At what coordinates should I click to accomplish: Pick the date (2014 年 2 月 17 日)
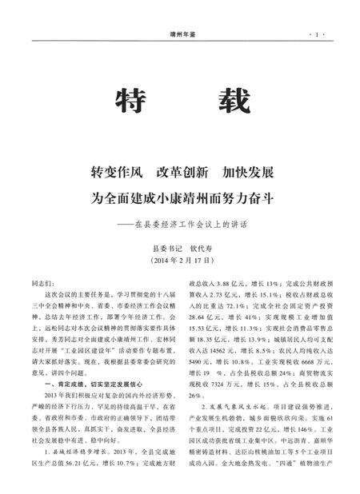(179, 261)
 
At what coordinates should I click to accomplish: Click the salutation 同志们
(42, 284)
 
